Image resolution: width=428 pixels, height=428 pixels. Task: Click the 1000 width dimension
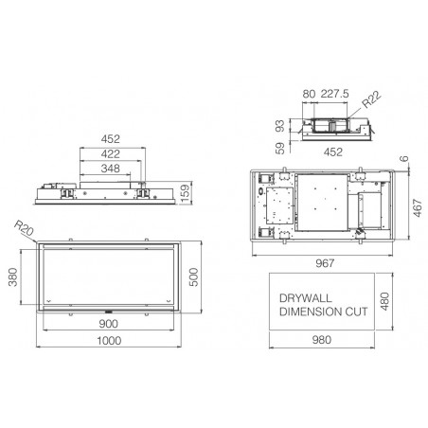click(109, 341)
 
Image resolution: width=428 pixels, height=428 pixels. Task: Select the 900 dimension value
click(108, 324)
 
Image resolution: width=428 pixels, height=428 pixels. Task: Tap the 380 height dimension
click(12, 277)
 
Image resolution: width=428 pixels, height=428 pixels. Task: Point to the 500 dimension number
click(193, 277)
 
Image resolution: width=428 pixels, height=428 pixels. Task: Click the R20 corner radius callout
click(24, 228)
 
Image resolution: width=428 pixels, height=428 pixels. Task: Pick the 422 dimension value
click(111, 154)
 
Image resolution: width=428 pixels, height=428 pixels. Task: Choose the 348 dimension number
click(111, 169)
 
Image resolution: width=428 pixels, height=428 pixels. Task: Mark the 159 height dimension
click(186, 193)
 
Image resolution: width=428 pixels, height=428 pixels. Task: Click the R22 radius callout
click(371, 99)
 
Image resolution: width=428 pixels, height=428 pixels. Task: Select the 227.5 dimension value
click(335, 94)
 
